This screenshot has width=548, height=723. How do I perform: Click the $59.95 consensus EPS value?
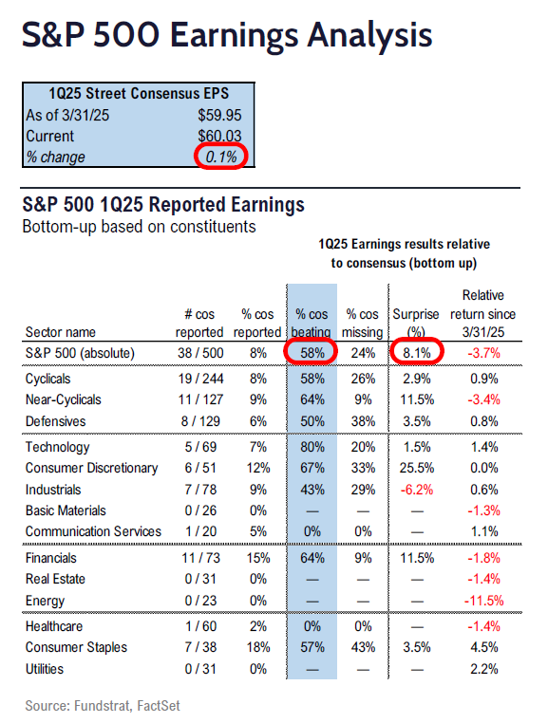tap(219, 115)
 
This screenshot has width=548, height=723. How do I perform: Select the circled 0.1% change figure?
tap(221, 157)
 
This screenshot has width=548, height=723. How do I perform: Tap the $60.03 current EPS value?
tap(219, 136)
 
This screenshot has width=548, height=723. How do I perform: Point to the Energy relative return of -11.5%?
tap(483, 601)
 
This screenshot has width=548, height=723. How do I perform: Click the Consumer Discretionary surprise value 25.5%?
tap(417, 468)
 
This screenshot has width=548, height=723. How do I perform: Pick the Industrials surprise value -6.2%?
tap(417, 490)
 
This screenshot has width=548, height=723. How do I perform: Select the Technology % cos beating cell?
tap(312, 447)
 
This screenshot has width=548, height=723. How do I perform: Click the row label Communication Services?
tap(93, 531)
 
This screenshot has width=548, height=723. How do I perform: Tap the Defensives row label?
tap(55, 421)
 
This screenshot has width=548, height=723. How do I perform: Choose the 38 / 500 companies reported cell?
tap(200, 353)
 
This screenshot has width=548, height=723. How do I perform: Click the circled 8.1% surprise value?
tap(417, 353)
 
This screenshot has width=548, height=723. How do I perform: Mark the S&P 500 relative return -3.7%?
tap(483, 353)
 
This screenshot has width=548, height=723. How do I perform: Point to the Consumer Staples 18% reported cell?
tap(258, 647)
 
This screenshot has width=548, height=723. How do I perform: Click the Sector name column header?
tap(61, 332)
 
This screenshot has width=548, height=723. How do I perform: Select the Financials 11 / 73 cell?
tap(200, 558)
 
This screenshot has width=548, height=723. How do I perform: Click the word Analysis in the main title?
tap(370, 35)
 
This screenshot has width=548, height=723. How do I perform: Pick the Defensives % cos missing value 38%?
tap(363, 421)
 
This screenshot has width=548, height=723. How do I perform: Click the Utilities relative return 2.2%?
tap(484, 669)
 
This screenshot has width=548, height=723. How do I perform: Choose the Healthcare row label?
tap(54, 626)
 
